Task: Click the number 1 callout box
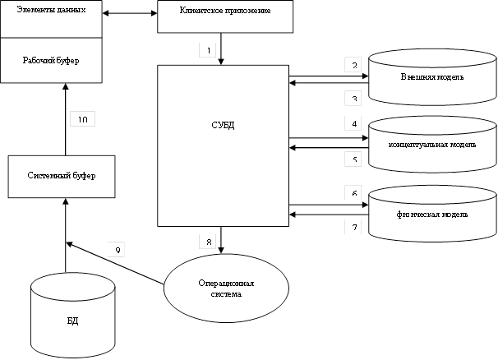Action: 209,50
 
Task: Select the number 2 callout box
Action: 353,65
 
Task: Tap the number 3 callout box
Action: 353,98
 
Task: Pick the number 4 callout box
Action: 353,124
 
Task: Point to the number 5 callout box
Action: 353,159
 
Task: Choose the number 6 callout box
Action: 353,193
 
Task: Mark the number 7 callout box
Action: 353,226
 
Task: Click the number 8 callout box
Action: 209,242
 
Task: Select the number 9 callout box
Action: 118,250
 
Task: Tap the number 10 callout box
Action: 83,119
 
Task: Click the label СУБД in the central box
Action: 223,126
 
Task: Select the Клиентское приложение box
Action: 224,16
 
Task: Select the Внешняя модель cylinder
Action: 432,78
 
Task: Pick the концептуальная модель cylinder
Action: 432,145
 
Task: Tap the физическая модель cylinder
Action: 432,215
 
